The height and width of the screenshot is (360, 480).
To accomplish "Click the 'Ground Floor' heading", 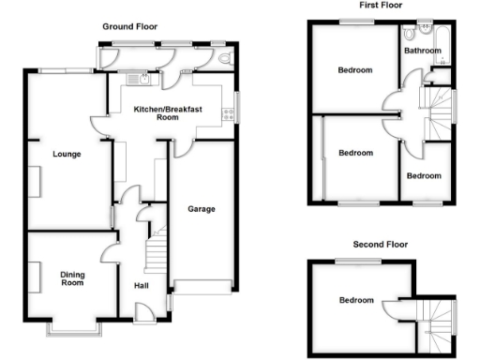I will point(129,28).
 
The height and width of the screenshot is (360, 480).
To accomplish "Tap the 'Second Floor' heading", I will point(381,244).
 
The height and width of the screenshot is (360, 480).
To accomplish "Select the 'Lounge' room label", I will point(66,155).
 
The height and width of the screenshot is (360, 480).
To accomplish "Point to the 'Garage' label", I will point(202,208).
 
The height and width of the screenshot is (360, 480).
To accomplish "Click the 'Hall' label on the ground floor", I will point(142,286).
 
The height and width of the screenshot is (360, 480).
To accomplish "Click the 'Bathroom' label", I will point(423,52).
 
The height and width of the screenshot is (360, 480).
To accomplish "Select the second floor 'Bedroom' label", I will point(355,300).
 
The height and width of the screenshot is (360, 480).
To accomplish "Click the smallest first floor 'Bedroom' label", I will point(424,175).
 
